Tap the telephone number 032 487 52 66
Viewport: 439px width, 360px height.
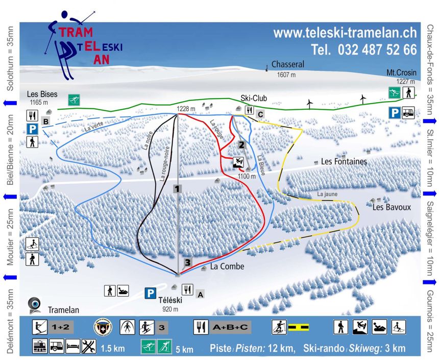[x=363, y=50]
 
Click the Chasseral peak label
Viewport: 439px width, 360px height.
[x=288, y=65]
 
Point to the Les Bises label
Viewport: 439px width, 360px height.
[x=42, y=94]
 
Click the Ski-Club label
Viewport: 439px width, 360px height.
[x=254, y=98]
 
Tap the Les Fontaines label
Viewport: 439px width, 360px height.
[x=344, y=161]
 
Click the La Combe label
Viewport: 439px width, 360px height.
[x=227, y=267]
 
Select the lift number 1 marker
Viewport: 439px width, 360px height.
[x=177, y=189]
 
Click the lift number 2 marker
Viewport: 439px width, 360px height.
[x=242, y=145]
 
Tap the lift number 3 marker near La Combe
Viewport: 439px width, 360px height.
[x=188, y=263]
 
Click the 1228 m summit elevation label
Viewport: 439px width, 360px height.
[x=186, y=108]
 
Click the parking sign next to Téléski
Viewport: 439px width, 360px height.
[x=150, y=293]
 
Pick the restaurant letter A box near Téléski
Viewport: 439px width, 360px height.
[x=201, y=294]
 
